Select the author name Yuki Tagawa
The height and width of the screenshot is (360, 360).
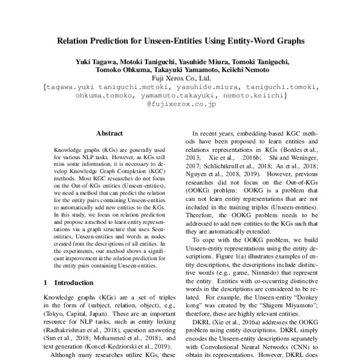(x=94, y=62)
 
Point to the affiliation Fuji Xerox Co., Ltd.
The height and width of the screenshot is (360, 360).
(x=181, y=78)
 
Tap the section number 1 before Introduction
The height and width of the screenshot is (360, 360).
(x=46, y=282)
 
